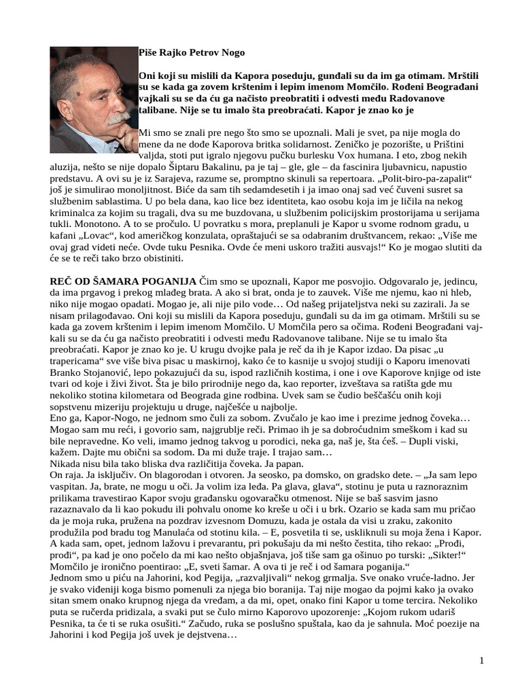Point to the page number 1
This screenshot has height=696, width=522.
pos(481,660)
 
